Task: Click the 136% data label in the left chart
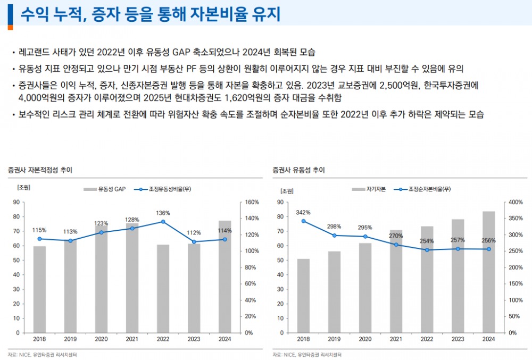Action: [163, 213]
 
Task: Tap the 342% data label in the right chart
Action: [303, 212]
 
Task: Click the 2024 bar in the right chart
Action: [488, 272]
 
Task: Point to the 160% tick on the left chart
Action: [252, 202]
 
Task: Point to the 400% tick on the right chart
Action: [517, 202]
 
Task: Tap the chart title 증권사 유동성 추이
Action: [298, 170]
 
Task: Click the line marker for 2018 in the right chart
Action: [303, 221]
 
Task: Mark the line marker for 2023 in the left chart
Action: [194, 242]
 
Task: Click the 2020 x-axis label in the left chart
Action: [101, 339]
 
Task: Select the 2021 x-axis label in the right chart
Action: [396, 339]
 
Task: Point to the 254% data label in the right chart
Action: [427, 241]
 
